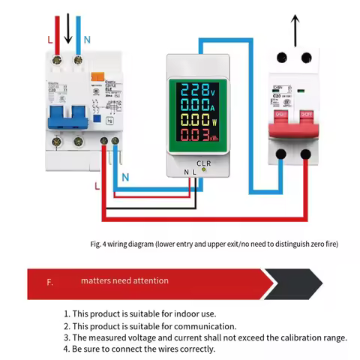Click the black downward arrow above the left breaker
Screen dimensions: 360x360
(x=68, y=28)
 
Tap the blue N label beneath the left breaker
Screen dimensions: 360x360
(x=124, y=178)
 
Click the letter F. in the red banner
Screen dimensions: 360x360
(x=49, y=282)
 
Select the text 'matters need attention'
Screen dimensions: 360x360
(x=125, y=281)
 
